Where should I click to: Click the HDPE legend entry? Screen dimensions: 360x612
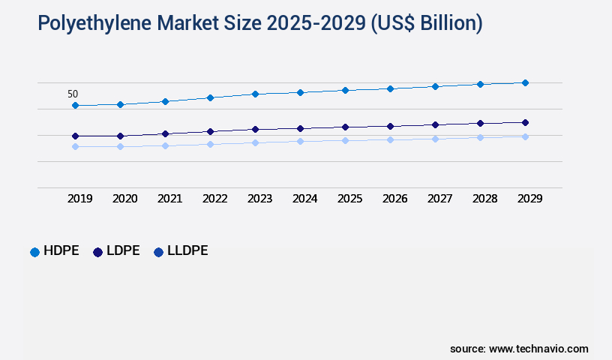pyautogui.click(x=54, y=251)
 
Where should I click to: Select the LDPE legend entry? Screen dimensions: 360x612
pyautogui.click(x=116, y=251)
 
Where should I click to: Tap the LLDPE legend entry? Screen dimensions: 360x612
pyautogui.click(x=181, y=251)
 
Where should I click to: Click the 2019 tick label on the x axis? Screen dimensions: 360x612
pyautogui.click(x=80, y=199)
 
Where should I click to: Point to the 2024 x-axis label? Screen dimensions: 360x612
pyautogui.click(x=305, y=199)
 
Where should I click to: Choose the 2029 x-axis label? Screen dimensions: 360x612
pyautogui.click(x=529, y=199)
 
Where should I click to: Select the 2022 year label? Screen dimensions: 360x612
pyautogui.click(x=215, y=199)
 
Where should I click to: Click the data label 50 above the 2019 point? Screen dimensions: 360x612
pyautogui.click(x=73, y=94)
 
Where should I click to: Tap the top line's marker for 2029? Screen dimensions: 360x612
pyautogui.click(x=525, y=82)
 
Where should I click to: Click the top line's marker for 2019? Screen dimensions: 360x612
pyautogui.click(x=75, y=106)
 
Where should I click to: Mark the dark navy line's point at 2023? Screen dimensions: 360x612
pyautogui.click(x=255, y=129)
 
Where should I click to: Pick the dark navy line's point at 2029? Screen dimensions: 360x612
pyautogui.click(x=525, y=122)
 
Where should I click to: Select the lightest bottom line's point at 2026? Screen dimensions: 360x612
pyautogui.click(x=390, y=139)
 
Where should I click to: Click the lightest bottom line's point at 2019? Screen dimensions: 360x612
pyautogui.click(x=75, y=146)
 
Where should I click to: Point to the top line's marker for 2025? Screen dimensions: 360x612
pyautogui.click(x=345, y=90)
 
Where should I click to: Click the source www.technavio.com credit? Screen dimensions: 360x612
pyautogui.click(x=519, y=349)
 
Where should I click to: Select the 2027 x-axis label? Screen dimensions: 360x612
pyautogui.click(x=439, y=199)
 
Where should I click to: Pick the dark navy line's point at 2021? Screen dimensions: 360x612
pyautogui.click(x=165, y=133)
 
